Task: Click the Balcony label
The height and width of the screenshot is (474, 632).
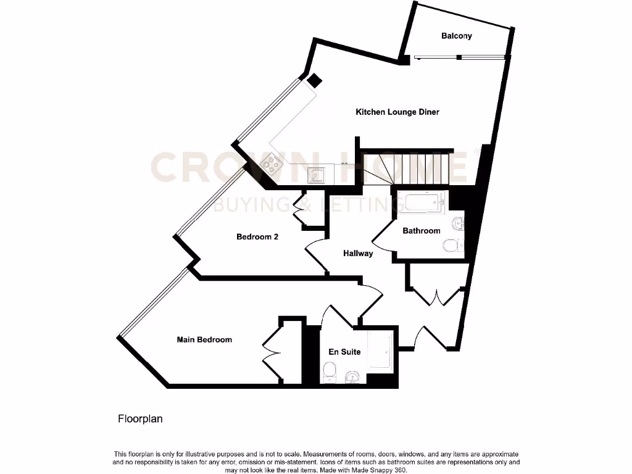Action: tap(456, 36)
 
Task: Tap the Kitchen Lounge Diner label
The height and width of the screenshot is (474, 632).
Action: tap(397, 112)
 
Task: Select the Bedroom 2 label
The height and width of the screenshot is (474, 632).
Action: tap(257, 236)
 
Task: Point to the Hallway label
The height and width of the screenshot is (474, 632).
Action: tap(358, 253)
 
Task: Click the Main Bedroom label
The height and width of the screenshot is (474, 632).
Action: tap(204, 339)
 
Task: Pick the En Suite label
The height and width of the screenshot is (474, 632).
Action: tap(344, 352)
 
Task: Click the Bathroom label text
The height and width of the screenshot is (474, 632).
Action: tap(422, 231)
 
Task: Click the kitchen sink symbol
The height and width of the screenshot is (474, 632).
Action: tap(317, 175)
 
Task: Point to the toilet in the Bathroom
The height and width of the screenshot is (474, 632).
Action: tap(453, 246)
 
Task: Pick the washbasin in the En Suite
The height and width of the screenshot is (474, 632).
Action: tap(353, 376)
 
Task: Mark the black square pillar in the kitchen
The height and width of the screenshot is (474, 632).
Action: tap(315, 80)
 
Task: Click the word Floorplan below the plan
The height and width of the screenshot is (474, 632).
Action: tap(140, 419)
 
